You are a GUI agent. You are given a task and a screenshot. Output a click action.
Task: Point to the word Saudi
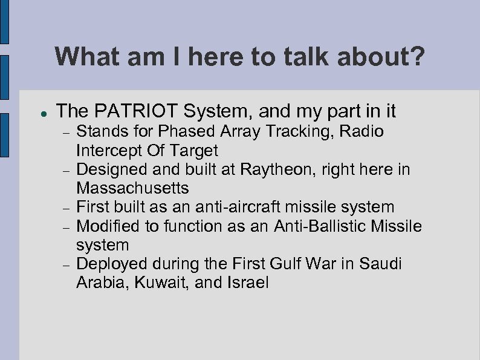pos(381,264)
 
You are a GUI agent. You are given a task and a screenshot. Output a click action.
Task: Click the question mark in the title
pos(417,58)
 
